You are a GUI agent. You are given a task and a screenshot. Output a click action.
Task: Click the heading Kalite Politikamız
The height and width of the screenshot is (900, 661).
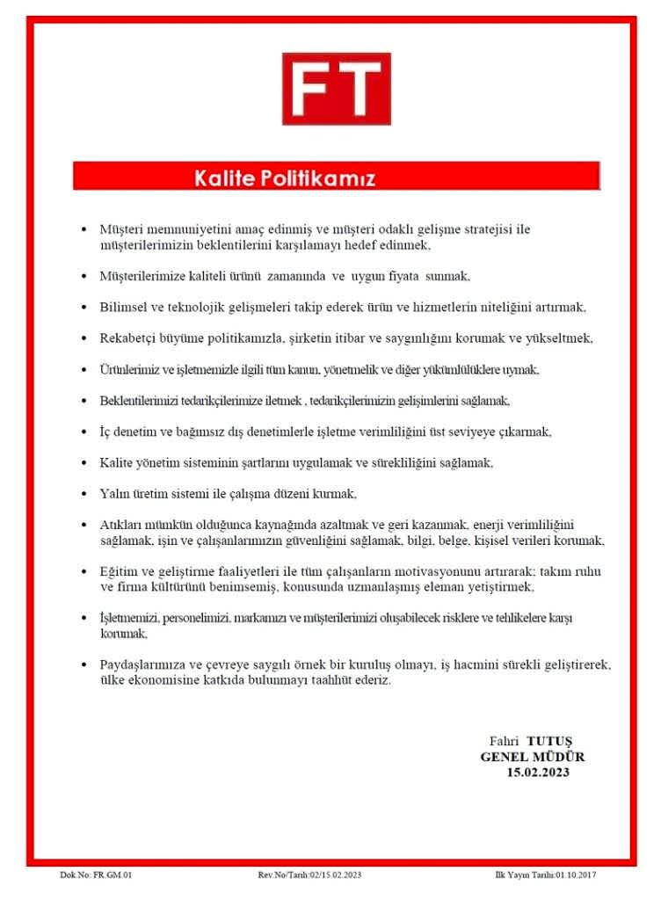coord(284,179)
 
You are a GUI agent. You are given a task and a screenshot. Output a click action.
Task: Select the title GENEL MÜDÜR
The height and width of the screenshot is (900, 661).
coord(533,756)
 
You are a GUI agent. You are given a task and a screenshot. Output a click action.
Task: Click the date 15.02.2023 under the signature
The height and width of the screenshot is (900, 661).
coord(537,772)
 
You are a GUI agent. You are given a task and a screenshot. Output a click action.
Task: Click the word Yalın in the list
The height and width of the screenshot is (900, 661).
coord(114,492)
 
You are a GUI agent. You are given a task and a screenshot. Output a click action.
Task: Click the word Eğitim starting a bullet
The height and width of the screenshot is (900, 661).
coord(119,570)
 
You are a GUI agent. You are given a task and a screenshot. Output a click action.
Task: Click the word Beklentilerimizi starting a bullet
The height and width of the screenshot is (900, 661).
coord(136,400)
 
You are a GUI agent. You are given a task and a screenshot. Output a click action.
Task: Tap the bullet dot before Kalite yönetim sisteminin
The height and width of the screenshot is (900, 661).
coord(84,462)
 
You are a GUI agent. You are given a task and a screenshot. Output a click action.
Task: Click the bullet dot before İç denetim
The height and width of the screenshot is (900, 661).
coord(84,432)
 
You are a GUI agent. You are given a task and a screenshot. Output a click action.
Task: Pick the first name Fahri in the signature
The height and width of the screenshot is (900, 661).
coord(505,740)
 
